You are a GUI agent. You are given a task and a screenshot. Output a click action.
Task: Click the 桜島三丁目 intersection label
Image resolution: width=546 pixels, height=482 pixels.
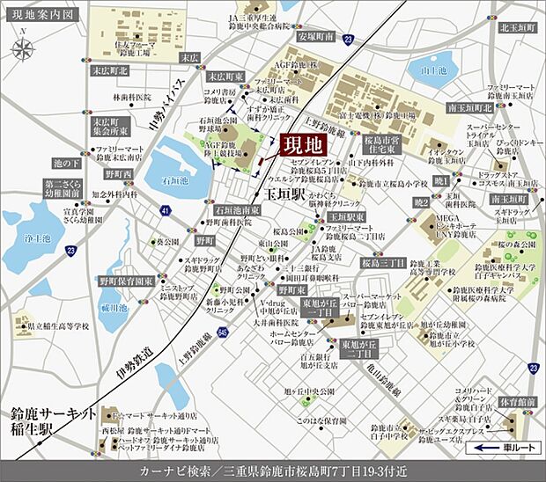tap(382, 262)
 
